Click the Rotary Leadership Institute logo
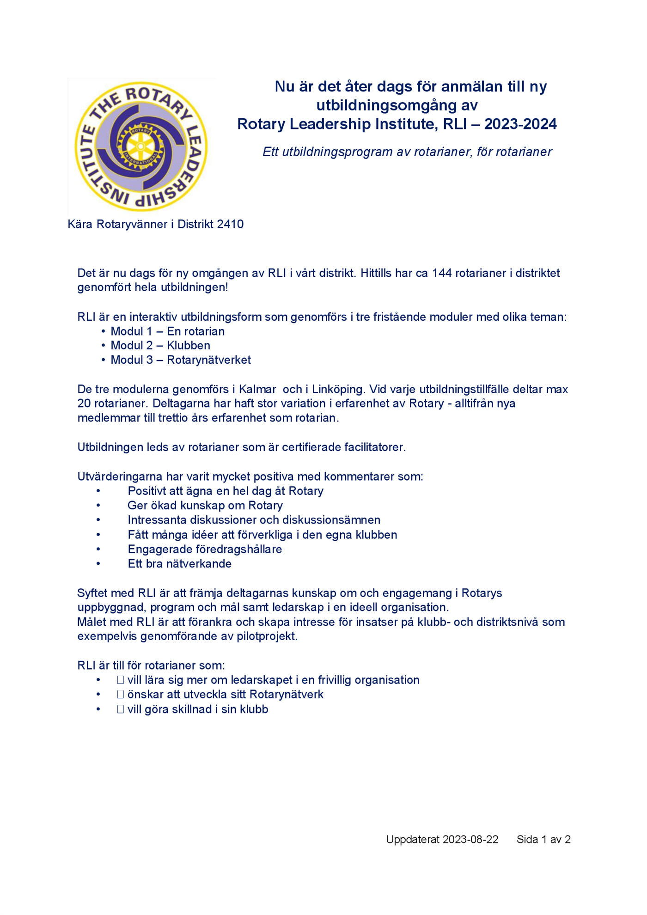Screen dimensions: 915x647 click(141, 146)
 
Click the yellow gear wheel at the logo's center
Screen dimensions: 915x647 click(140, 146)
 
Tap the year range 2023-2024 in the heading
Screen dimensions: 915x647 click(520, 124)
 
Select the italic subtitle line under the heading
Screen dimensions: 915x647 click(407, 152)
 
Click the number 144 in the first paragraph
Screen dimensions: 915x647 click(442, 273)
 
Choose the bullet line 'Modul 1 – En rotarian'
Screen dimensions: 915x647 click(167, 331)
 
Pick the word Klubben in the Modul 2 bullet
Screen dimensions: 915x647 click(189, 346)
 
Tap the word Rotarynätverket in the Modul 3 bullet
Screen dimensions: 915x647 click(209, 360)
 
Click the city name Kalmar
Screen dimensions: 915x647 click(257, 389)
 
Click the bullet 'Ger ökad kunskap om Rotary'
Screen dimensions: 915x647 click(205, 506)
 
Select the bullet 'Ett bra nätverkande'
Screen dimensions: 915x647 click(179, 564)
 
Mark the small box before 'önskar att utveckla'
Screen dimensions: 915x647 click(121, 695)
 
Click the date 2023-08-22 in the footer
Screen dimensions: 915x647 click(470, 840)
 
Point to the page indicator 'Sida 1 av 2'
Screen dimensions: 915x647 click(543, 840)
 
